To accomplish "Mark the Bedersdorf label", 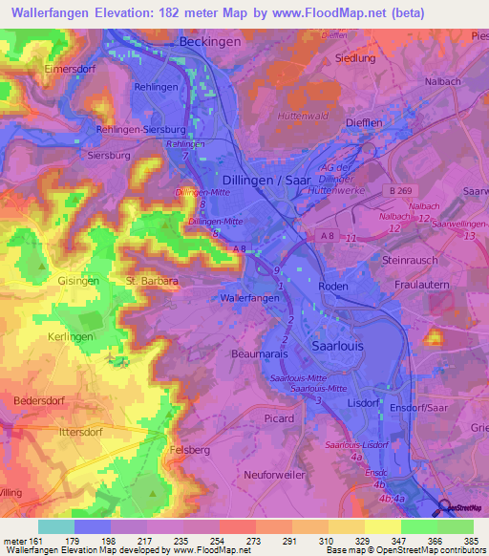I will [40, 399].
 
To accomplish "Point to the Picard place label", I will [278, 418].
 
